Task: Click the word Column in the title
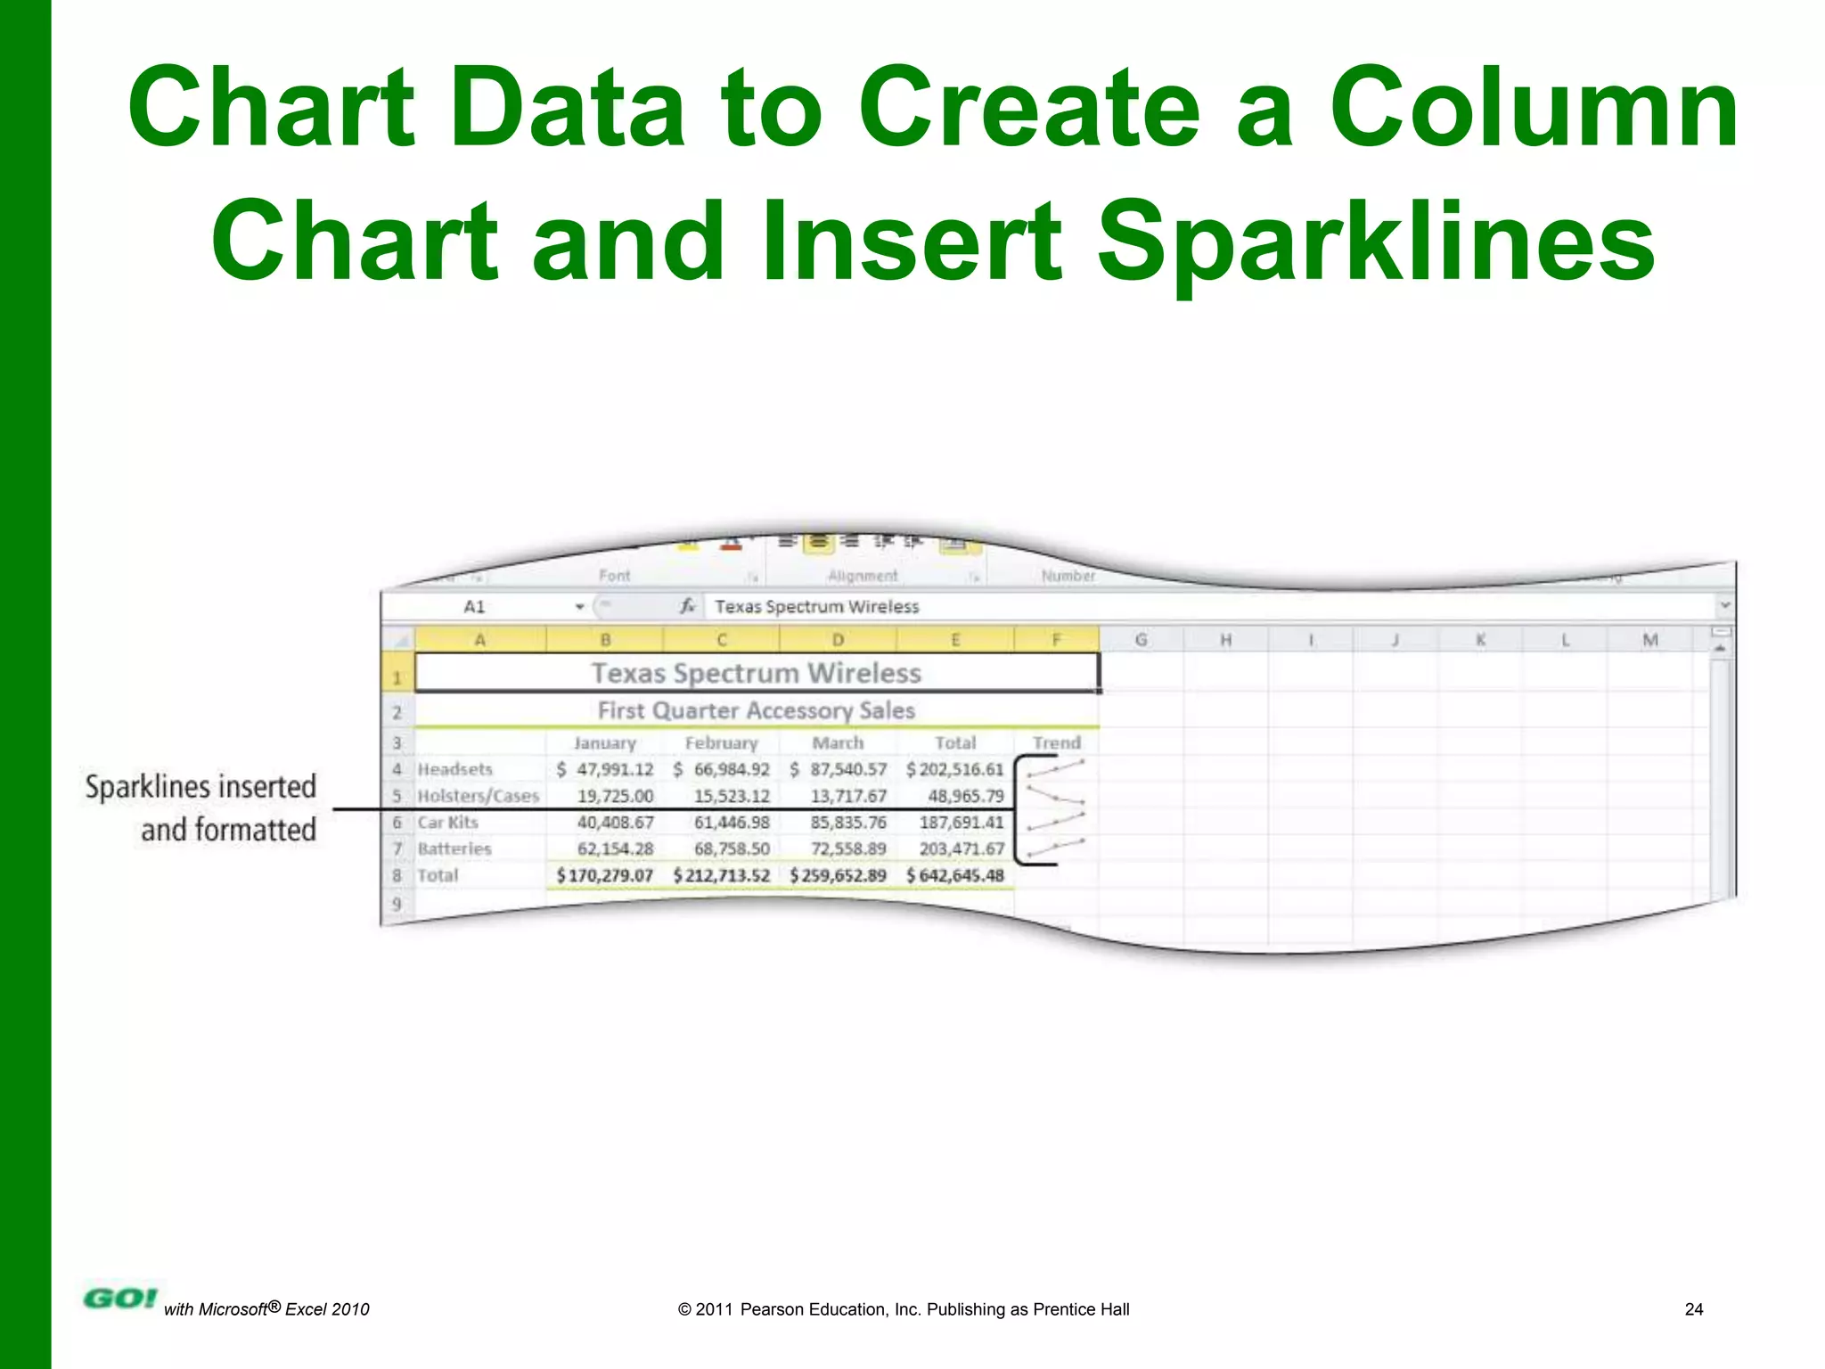[x=1533, y=109]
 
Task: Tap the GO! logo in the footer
[x=120, y=1299]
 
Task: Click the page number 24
[x=1693, y=1309]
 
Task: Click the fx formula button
[x=687, y=607]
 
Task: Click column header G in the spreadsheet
[x=1141, y=639]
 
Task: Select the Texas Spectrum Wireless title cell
[x=756, y=673]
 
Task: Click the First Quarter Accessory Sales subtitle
[x=756, y=710]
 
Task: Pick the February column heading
[x=721, y=742]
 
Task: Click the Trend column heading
[x=1056, y=742]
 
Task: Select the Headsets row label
[x=454, y=769]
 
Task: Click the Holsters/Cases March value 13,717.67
[x=848, y=796]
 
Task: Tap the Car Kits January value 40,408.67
[x=615, y=823]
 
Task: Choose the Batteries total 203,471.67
[x=962, y=848]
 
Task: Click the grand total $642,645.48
[x=955, y=875]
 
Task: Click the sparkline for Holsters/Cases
[x=1056, y=794]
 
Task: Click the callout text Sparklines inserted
[x=201, y=787]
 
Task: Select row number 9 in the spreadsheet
[x=397, y=904]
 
